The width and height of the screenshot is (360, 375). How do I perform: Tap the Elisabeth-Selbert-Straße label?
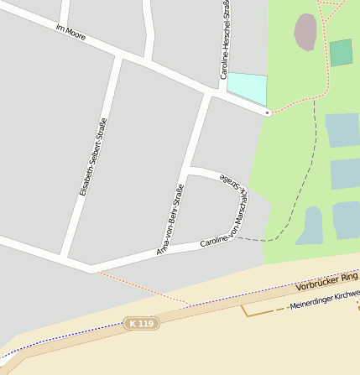click(92, 157)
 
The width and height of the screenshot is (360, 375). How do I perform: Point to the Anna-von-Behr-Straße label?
click(170, 220)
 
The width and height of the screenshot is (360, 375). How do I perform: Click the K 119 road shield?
click(140, 323)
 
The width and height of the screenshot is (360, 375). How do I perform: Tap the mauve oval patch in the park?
click(305, 31)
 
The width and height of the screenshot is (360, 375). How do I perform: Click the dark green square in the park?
click(341, 53)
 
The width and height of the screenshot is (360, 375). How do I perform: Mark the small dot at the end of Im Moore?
click(268, 112)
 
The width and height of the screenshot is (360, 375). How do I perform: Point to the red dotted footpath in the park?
click(294, 104)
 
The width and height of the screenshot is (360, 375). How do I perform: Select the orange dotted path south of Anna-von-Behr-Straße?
click(143, 288)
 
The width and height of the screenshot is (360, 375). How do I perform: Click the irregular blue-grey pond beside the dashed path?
click(310, 227)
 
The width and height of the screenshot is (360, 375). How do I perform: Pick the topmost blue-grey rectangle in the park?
click(342, 130)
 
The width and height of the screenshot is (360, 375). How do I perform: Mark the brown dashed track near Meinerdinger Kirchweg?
click(260, 313)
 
